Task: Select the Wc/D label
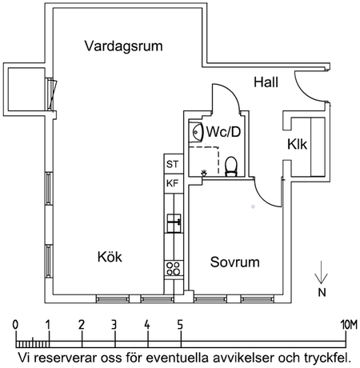pos(224,130)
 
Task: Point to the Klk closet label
pos(298,145)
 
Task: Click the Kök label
pos(111,256)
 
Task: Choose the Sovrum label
pos(235,262)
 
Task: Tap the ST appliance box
pos(172,164)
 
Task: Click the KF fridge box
pos(172,183)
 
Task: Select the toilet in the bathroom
pos(231,166)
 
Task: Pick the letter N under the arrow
pos(322,293)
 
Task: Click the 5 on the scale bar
pos(180,324)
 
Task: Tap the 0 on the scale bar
pos(16,324)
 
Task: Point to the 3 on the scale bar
pos(114,324)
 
